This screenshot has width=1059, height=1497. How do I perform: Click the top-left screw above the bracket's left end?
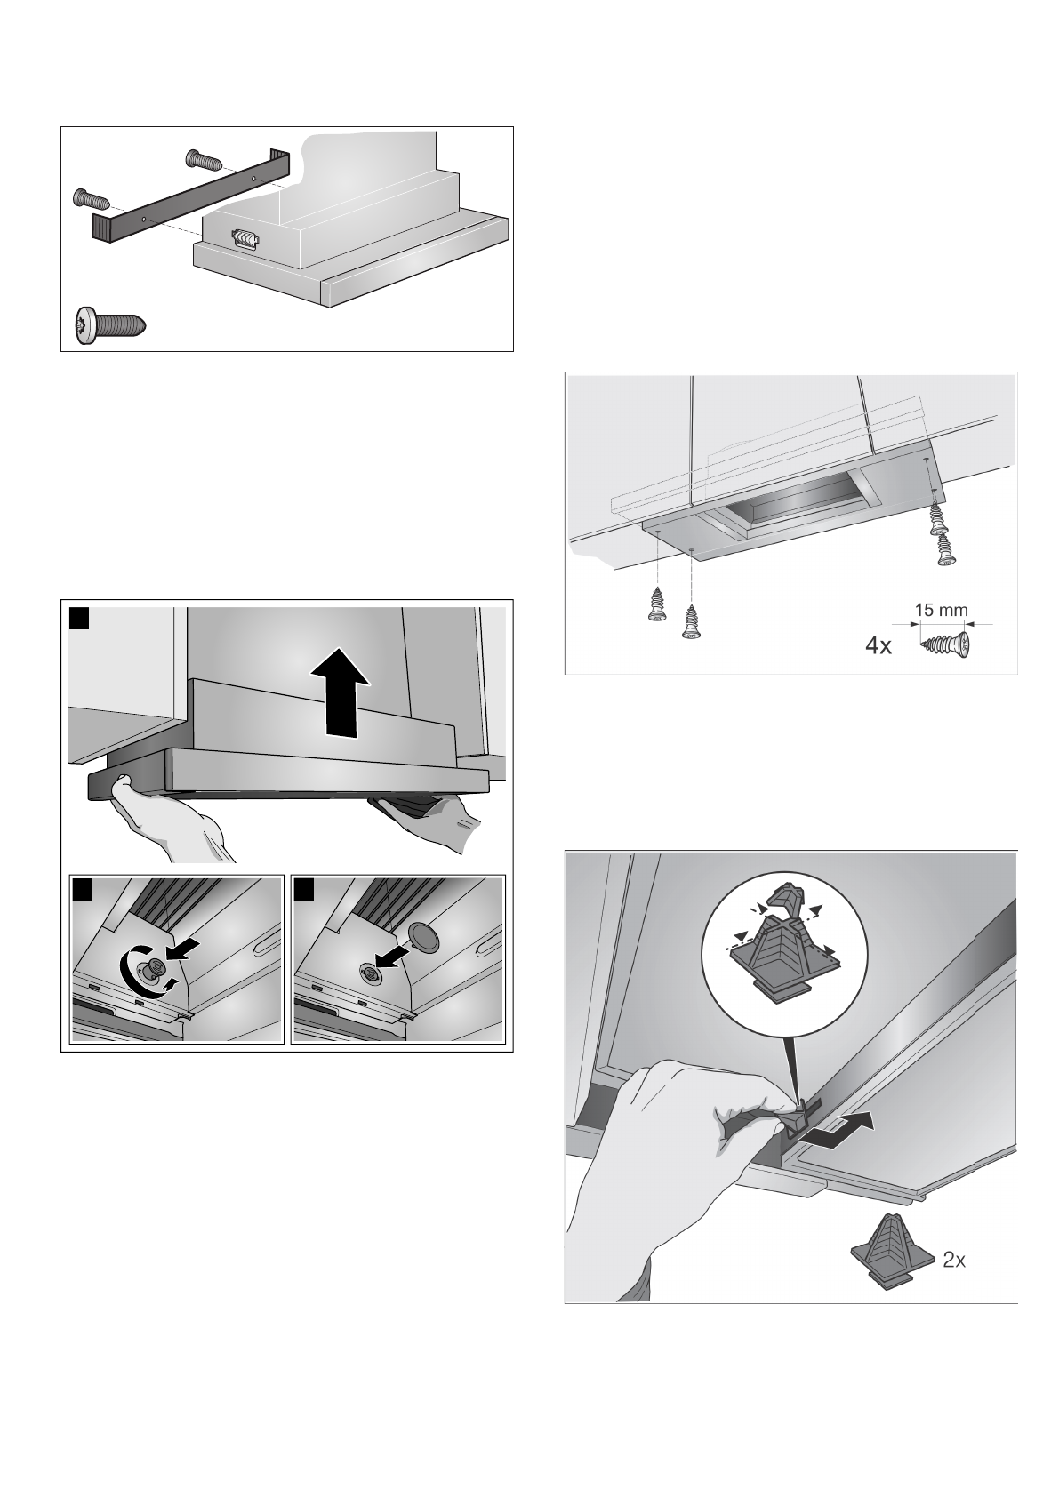(89, 196)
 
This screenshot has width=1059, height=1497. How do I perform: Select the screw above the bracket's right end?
(201, 160)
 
